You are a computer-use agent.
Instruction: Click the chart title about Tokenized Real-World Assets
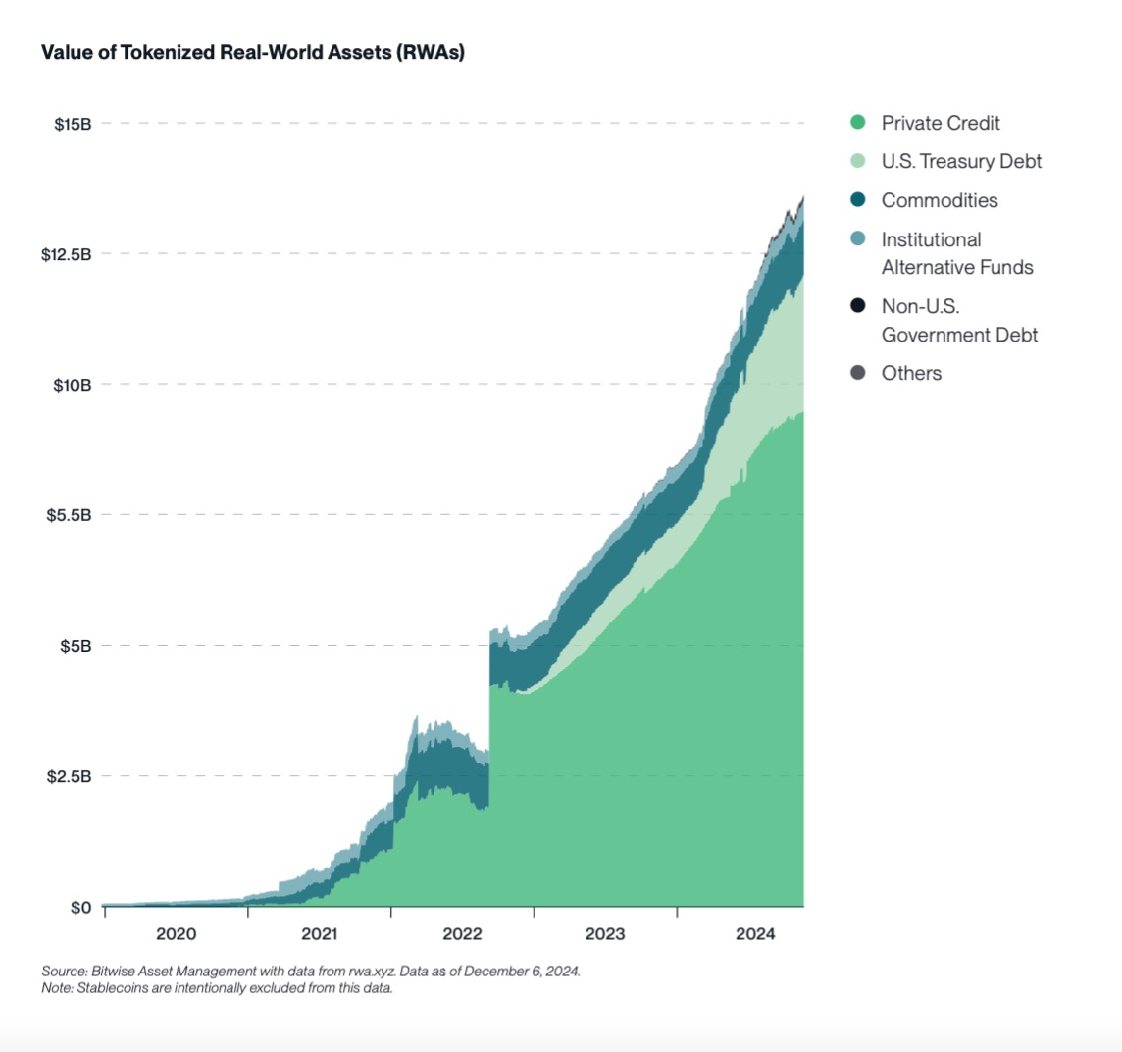(252, 53)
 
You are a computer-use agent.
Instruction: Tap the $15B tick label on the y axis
(72, 124)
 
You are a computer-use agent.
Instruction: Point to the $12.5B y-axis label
(66, 254)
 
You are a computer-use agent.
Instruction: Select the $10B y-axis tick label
(72, 385)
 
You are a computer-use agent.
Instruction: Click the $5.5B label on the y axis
(69, 515)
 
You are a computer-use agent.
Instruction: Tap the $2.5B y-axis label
(69, 776)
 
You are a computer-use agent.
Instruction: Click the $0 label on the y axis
(80, 907)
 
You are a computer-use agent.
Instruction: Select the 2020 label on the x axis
(176, 934)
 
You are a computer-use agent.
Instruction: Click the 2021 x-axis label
(319, 934)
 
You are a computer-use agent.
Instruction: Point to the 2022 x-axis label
(462, 934)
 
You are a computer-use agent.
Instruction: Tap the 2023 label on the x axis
(605, 934)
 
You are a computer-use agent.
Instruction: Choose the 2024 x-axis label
(755, 934)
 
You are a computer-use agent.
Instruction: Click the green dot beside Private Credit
(858, 123)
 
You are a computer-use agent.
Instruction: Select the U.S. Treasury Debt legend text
(961, 161)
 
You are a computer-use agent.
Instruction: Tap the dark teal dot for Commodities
(858, 200)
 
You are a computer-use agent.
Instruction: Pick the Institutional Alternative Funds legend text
(957, 253)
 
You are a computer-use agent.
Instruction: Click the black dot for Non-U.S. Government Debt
(858, 306)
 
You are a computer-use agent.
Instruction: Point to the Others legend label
(911, 373)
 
